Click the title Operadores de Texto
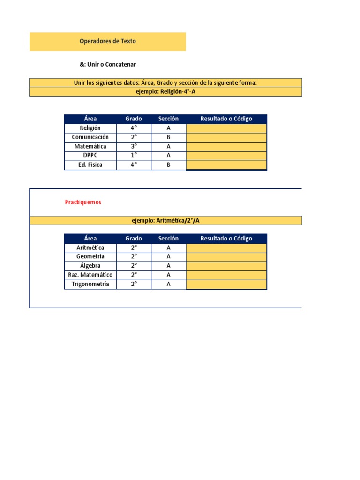pyautogui.click(x=108, y=41)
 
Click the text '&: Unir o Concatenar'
pyautogui.click(x=108, y=64)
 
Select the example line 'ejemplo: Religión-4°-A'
pyautogui.click(x=165, y=92)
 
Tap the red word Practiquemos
pyautogui.click(x=83, y=202)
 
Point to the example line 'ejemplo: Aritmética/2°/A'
pyautogui.click(x=165, y=221)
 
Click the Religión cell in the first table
pyautogui.click(x=90, y=128)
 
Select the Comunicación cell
pyautogui.click(x=90, y=137)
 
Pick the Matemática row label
pyautogui.click(x=90, y=146)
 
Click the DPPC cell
pyautogui.click(x=90, y=155)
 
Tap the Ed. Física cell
pyautogui.click(x=90, y=165)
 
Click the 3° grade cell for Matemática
pyautogui.click(x=134, y=146)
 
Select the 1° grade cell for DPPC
pyautogui.click(x=134, y=155)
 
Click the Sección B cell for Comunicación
pyautogui.click(x=168, y=137)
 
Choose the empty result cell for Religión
pyautogui.click(x=226, y=128)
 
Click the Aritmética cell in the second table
pyautogui.click(x=90, y=247)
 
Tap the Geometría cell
pyautogui.click(x=90, y=256)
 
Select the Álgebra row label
pyautogui.click(x=90, y=266)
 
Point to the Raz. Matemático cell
pyautogui.click(x=90, y=275)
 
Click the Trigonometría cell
pyautogui.click(x=90, y=284)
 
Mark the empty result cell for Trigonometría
pyautogui.click(x=226, y=285)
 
